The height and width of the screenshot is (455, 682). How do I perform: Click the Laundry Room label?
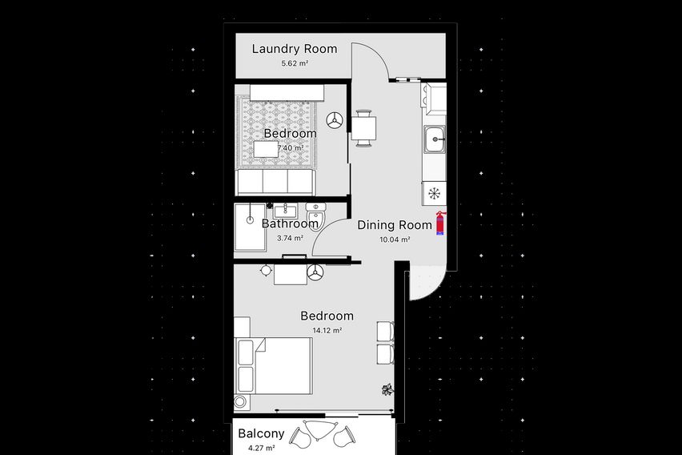[x=295, y=49]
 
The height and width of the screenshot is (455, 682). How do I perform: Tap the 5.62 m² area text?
[x=295, y=63]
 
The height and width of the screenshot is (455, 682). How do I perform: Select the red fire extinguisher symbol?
[x=440, y=223]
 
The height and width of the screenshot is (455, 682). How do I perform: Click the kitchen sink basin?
[x=435, y=139]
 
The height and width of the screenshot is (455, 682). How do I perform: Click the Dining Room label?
[x=395, y=225]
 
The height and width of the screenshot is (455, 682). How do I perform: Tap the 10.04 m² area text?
[x=395, y=240]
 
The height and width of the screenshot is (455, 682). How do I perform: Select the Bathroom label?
[x=290, y=223]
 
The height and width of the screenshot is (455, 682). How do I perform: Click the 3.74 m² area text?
[x=290, y=238]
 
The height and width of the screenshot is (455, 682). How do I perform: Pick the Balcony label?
[x=261, y=433]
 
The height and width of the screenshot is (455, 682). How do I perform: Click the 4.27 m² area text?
[x=261, y=448]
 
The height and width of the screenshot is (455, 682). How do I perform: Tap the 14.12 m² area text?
[x=327, y=331]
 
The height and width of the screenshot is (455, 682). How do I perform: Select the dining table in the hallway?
[x=363, y=128]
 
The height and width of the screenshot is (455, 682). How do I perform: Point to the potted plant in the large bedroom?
[x=387, y=389]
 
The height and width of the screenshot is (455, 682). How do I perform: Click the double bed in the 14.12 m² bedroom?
[x=274, y=366]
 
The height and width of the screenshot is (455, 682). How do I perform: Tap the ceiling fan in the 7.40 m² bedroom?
[x=335, y=121]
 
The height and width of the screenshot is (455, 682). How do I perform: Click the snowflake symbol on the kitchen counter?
[x=434, y=194]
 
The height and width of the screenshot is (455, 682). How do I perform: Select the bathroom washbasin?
[x=285, y=211]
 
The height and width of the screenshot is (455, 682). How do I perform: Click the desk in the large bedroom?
[x=290, y=274]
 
